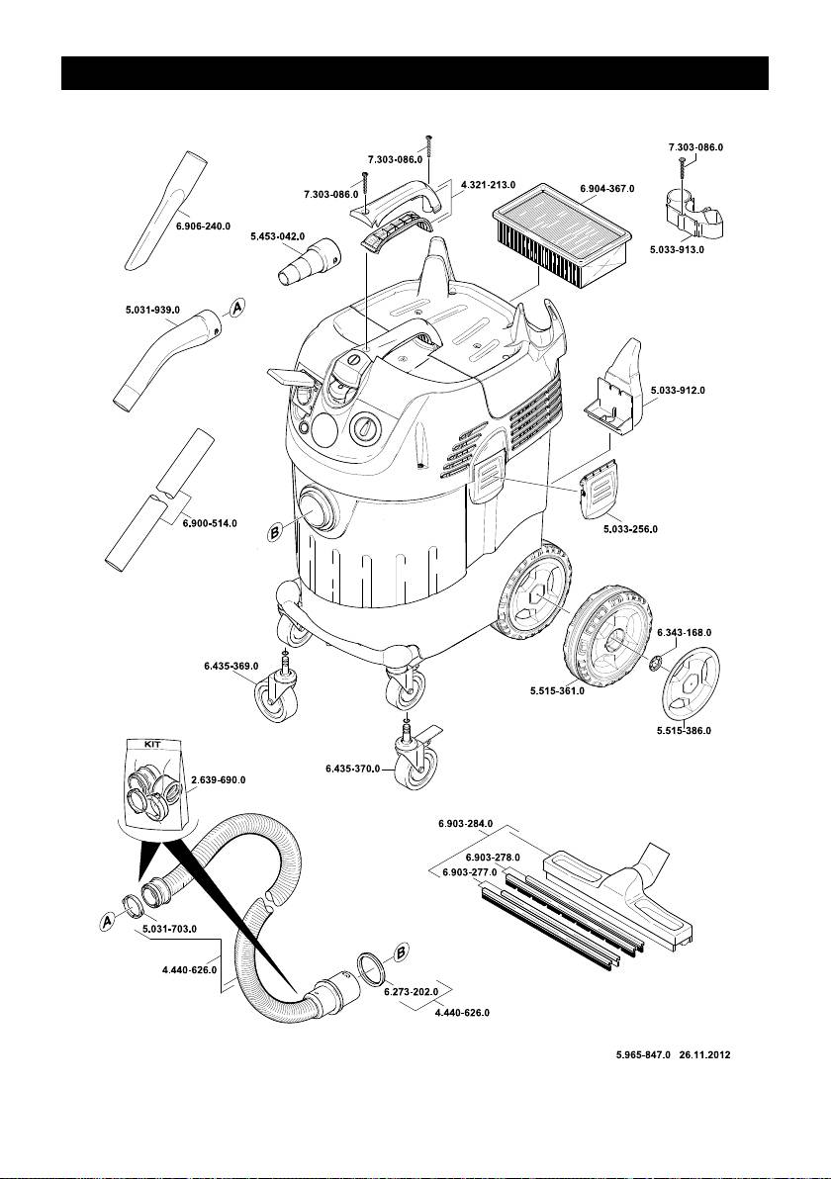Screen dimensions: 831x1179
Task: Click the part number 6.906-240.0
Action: coord(202,227)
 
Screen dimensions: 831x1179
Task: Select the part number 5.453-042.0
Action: coord(277,236)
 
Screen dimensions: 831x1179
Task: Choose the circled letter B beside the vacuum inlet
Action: coord(276,532)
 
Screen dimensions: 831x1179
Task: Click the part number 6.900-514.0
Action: coord(210,523)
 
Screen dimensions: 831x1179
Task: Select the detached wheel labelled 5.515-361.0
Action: coord(606,637)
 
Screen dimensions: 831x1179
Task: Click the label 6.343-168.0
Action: coord(684,632)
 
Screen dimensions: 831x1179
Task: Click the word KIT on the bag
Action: coord(152,744)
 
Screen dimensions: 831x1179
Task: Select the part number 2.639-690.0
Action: coord(218,779)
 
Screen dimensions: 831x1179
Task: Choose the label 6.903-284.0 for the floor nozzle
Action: coord(466,823)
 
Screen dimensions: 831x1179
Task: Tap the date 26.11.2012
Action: coord(704,1055)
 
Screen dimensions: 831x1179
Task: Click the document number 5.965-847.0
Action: coord(643,1055)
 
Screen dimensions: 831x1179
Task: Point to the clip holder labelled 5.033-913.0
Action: coord(691,212)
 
